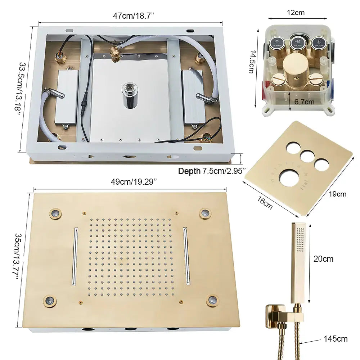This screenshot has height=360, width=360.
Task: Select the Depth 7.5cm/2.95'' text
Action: [212, 171]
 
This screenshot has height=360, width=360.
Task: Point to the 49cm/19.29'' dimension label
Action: [134, 182]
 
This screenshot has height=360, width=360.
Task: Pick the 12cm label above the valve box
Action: [296, 13]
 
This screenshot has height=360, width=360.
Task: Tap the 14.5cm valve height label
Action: [253, 61]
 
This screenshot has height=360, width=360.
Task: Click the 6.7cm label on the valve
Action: [304, 102]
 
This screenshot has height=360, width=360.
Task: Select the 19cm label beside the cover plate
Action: [338, 194]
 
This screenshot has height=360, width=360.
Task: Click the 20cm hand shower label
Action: [323, 258]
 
